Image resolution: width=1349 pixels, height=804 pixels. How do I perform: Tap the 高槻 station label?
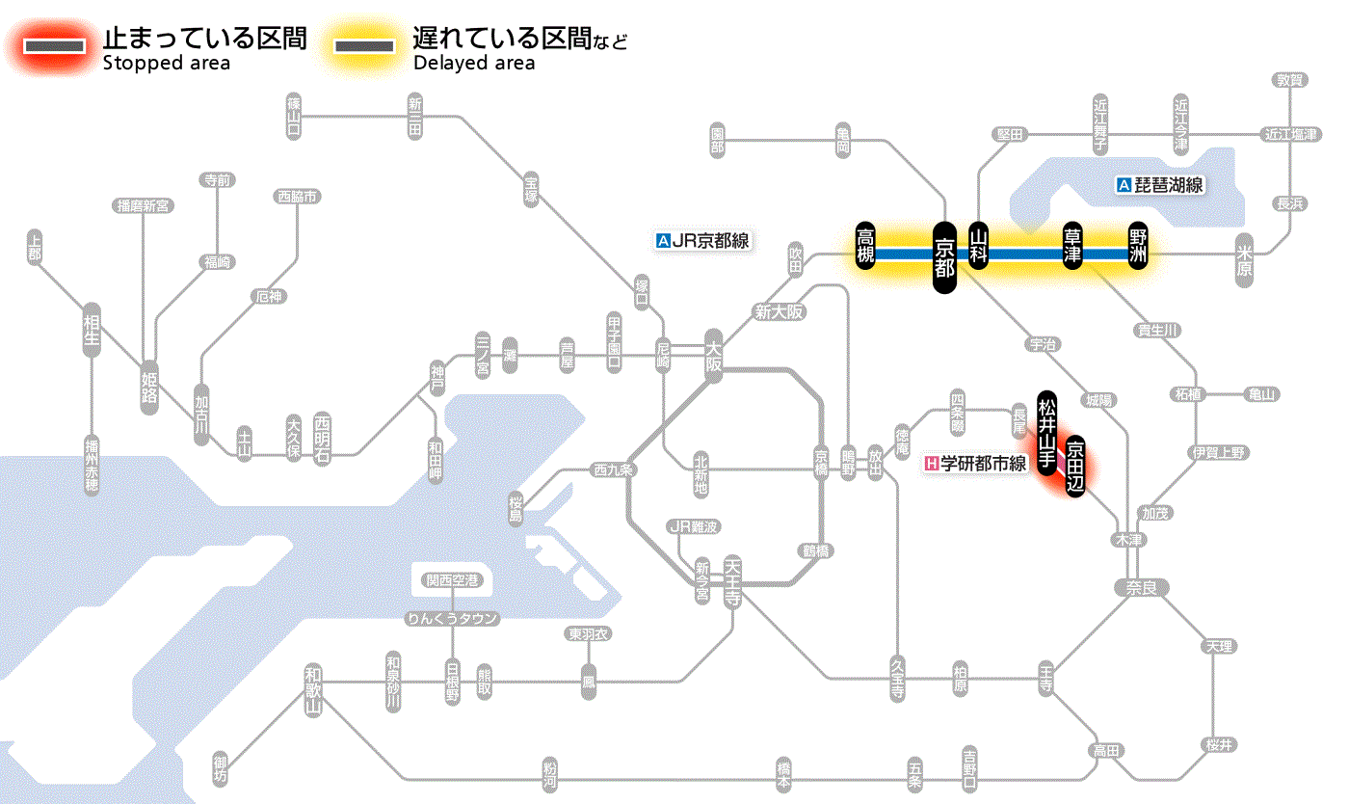click(865, 247)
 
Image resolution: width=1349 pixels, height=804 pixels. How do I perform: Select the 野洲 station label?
click(1138, 247)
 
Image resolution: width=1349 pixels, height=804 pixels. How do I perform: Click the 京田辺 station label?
click(1075, 467)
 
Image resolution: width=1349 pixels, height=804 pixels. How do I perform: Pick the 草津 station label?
click(1073, 247)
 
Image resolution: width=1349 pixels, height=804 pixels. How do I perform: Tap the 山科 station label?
click(979, 247)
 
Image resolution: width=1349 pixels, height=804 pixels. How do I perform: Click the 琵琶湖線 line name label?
click(1160, 185)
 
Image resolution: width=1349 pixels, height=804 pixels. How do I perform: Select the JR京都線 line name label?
click(701, 241)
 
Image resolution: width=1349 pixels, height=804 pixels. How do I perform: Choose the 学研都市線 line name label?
click(975, 464)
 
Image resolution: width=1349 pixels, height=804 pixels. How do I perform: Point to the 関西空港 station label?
click(452, 580)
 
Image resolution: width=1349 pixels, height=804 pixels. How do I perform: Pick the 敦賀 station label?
click(1289, 80)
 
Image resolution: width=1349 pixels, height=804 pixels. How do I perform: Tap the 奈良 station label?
click(1141, 587)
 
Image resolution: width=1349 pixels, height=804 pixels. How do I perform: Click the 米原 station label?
click(1245, 263)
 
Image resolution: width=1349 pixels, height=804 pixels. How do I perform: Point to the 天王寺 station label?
click(731, 582)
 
